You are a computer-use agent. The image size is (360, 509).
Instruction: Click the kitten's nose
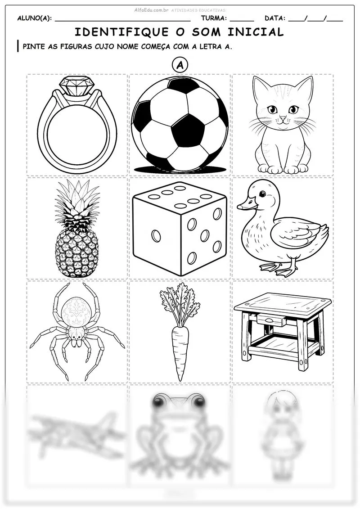click(x=283, y=118)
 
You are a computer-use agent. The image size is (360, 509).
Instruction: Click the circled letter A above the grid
click(x=180, y=66)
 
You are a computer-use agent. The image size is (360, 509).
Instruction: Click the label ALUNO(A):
click(x=34, y=18)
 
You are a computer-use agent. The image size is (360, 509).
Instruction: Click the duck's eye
click(x=261, y=194)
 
